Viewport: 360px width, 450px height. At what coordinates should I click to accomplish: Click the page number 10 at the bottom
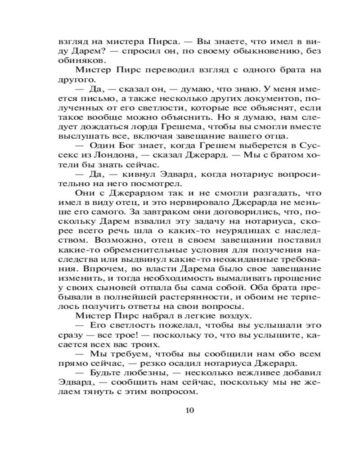pyautogui.click(x=189, y=410)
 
